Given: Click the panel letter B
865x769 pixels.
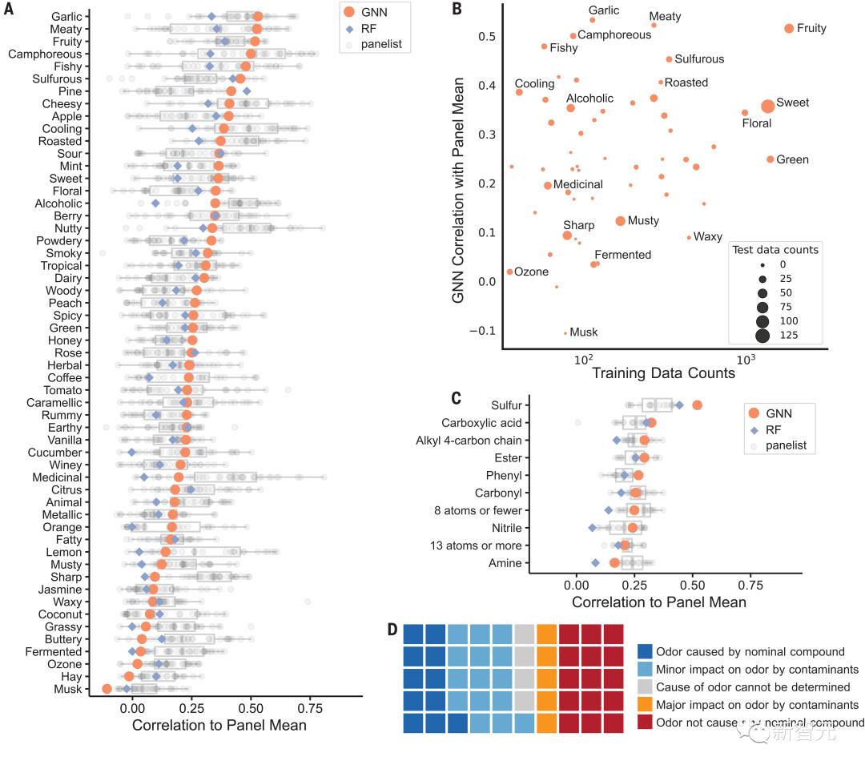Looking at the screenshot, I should coord(457,10).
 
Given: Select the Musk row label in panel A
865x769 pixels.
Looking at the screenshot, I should coord(67,689).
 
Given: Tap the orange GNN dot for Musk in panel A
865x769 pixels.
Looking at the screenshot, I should coord(107,689).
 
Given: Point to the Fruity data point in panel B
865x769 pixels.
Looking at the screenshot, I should coord(789,29).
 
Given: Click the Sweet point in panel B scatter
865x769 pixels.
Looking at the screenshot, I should coord(767,106).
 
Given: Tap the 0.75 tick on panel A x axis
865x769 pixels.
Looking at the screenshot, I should coord(310,709).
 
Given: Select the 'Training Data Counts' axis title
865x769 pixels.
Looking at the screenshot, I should coord(663,372).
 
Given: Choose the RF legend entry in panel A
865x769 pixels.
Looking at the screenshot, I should coord(368,28).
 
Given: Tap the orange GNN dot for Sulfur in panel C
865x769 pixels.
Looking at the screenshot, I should coord(697,405).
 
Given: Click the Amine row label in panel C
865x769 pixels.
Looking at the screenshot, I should coord(505,563).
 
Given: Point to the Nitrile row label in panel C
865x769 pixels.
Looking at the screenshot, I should coord(506,528).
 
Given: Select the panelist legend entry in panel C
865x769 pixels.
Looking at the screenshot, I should coord(785,445).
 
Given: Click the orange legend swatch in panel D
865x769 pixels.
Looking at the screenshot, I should coord(645,705).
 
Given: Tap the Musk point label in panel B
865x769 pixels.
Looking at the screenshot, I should coord(583,332).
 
